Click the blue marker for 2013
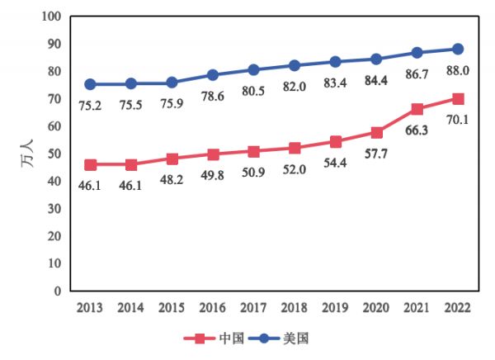(90, 84)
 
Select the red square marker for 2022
(458, 98)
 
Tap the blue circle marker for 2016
(213, 75)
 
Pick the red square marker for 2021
(417, 109)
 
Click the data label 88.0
(458, 71)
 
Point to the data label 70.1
(458, 121)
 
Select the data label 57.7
(376, 154)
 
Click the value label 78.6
(213, 97)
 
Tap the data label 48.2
(172, 181)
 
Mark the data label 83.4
(335, 83)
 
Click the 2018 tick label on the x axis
(295, 308)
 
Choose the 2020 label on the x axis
(376, 308)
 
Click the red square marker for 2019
(335, 141)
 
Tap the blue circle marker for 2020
(376, 59)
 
